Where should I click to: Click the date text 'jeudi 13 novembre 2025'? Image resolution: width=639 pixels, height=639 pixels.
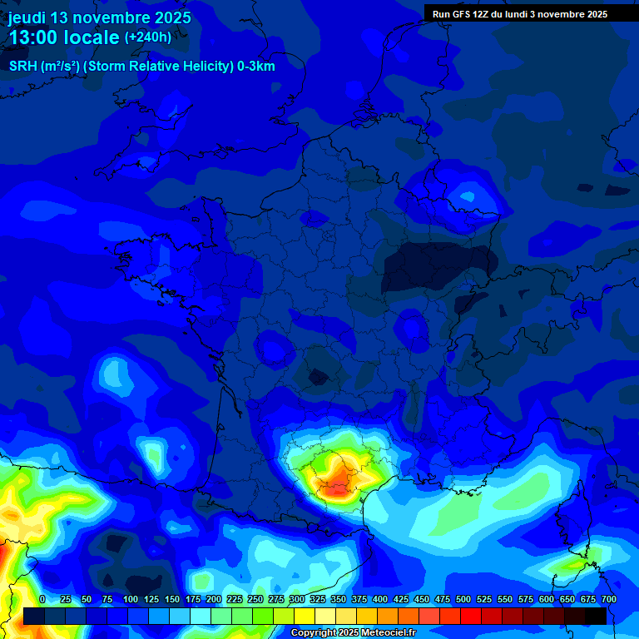point(100,17)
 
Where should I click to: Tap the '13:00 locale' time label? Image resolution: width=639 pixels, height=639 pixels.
point(63,38)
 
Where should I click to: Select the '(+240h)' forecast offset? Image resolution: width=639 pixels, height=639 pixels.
point(148,37)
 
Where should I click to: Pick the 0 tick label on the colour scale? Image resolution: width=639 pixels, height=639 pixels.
point(42,599)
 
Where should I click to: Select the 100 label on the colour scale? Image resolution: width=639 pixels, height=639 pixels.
point(131,599)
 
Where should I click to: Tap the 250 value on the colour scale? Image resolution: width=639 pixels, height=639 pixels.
point(255,599)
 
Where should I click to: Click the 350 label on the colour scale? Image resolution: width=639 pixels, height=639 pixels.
point(339,599)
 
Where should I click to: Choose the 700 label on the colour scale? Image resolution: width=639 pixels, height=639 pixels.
point(608,599)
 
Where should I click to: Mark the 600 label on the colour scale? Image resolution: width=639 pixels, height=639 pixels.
point(547,599)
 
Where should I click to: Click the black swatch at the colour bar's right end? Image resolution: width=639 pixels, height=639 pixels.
point(596,616)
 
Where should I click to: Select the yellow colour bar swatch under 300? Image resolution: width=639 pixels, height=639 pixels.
point(305,616)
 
